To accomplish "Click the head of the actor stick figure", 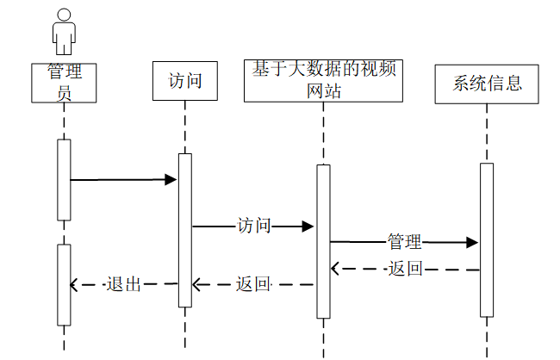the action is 64,15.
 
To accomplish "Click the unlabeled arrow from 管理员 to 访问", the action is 123,180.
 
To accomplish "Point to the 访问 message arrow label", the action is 254,226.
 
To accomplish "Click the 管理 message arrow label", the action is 405,242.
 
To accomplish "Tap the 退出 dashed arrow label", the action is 123,284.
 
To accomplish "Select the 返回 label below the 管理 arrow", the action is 406,268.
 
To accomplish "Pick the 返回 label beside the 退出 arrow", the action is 252,284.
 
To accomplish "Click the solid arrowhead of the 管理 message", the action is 472,243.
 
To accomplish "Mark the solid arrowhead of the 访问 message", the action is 308,226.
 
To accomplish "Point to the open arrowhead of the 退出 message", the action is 73,285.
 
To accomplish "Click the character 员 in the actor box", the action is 65,94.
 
